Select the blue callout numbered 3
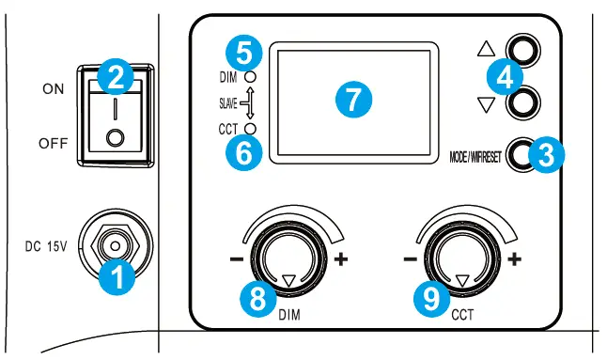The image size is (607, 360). (x=544, y=156)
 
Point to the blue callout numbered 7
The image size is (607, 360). (x=352, y=99)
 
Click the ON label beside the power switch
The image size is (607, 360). (x=54, y=88)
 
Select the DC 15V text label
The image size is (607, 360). (x=46, y=246)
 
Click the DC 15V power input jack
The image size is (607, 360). (x=115, y=246)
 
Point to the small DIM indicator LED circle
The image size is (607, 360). (x=251, y=74)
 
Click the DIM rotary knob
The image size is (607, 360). (x=288, y=261)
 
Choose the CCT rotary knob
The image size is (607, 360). (x=461, y=261)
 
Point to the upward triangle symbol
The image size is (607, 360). (x=487, y=48)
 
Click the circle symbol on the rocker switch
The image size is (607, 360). (x=115, y=137)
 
